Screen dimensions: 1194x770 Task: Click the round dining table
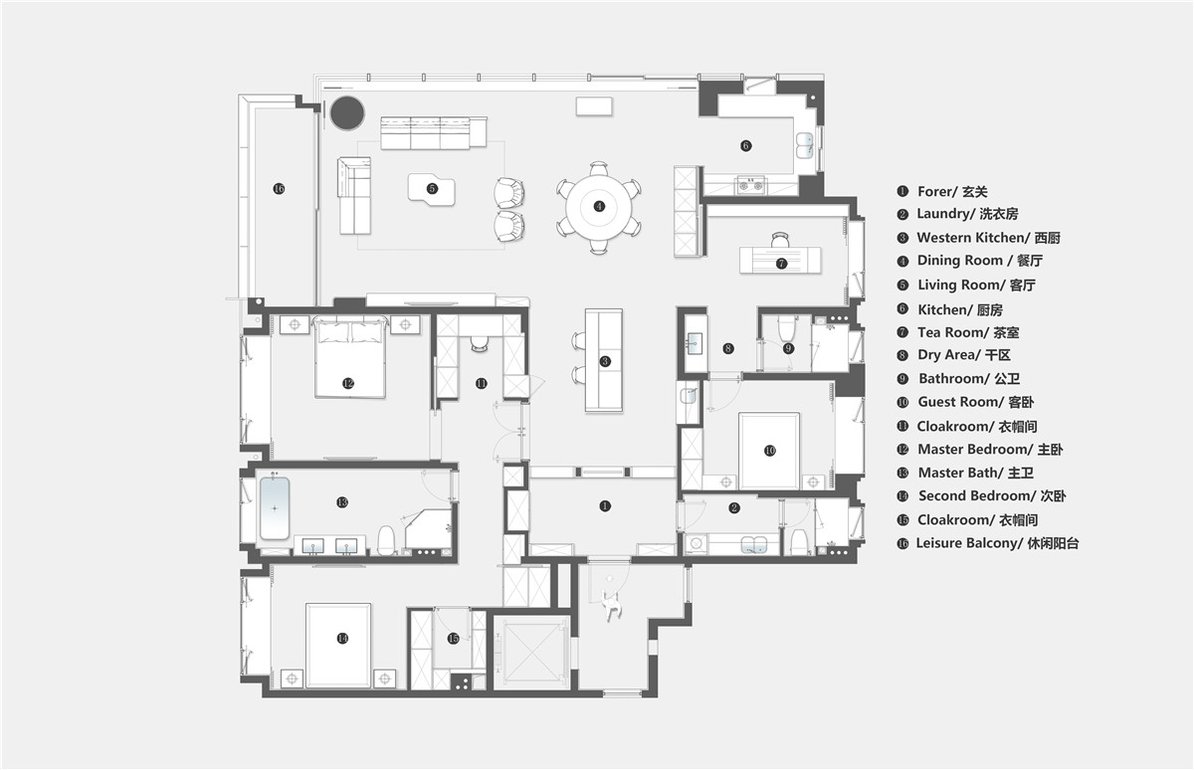[599, 207]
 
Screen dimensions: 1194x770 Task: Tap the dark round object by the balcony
[347, 112]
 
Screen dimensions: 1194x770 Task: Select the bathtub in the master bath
[275, 507]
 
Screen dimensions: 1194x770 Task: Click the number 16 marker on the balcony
[279, 189]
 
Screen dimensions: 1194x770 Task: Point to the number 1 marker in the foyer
[605, 505]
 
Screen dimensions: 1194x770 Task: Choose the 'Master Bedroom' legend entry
[975, 450]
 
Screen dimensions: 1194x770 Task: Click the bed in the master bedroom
[349, 357]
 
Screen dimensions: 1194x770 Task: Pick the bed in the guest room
[768, 451]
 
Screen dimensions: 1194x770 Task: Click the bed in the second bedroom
[338, 646]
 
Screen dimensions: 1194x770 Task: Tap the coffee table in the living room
[432, 189]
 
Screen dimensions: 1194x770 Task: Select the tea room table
[780, 260]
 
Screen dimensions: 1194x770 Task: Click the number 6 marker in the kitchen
[745, 145]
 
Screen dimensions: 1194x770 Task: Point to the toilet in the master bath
[386, 540]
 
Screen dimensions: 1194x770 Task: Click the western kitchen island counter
[604, 360]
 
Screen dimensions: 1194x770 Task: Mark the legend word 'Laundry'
[942, 214]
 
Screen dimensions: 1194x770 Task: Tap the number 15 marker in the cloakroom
[453, 639]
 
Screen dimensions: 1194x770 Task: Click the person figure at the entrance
[611, 605]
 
